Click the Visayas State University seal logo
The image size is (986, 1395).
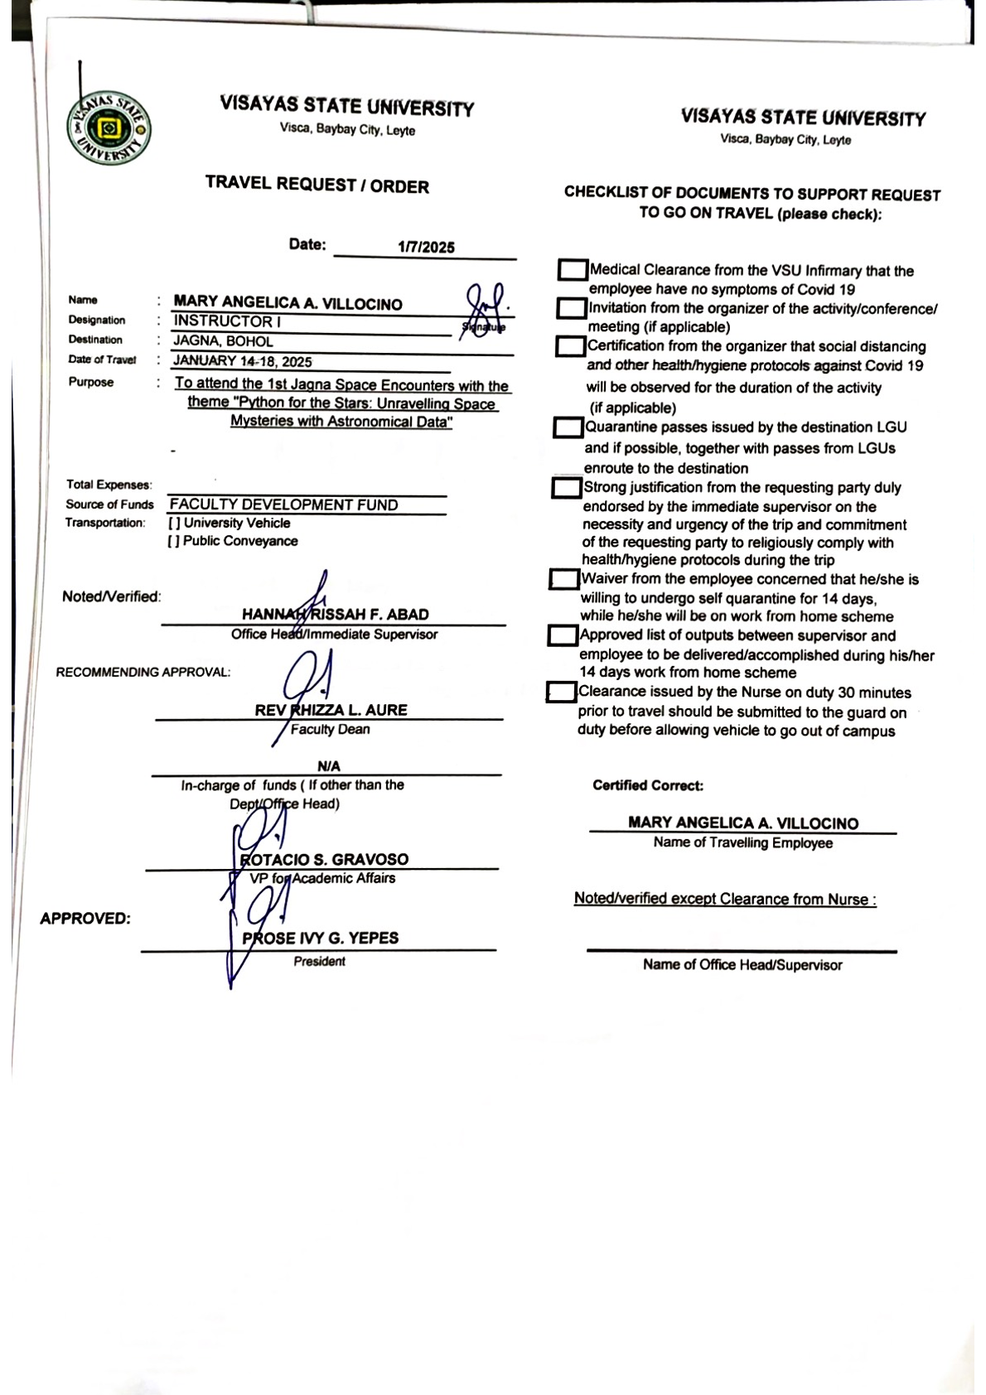(x=109, y=129)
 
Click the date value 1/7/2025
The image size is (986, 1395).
(x=426, y=247)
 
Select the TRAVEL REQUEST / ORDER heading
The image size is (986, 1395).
(x=317, y=185)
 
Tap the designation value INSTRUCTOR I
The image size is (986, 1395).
(x=227, y=321)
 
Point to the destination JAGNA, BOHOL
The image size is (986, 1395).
(x=223, y=341)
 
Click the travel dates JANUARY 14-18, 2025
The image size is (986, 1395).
(x=242, y=361)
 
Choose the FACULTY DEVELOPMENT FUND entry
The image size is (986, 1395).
(x=283, y=504)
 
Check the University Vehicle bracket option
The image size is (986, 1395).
(x=174, y=524)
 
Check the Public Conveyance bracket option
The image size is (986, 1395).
(x=174, y=542)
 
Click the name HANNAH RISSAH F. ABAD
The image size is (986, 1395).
(x=335, y=615)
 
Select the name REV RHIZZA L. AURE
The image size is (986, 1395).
(x=331, y=710)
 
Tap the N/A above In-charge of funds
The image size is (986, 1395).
(x=328, y=766)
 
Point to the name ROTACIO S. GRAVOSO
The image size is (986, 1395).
(x=324, y=860)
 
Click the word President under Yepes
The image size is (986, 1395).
(x=319, y=962)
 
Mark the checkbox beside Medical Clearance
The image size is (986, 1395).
(x=572, y=270)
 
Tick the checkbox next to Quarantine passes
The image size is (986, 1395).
(x=568, y=428)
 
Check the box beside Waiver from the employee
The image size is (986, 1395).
(x=563, y=579)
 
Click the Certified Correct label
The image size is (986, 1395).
(x=648, y=785)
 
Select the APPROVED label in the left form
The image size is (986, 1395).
(x=85, y=919)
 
